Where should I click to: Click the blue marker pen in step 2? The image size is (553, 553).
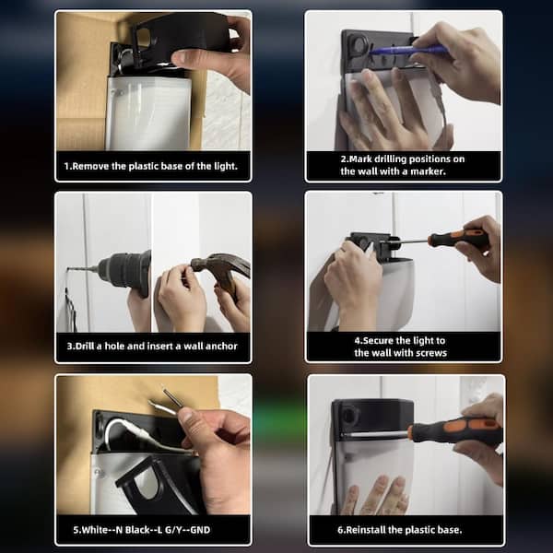(409, 50)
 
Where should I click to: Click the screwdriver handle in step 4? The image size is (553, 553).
(458, 239)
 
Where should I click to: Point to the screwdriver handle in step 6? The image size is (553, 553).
(455, 431)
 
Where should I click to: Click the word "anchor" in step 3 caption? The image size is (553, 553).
(221, 347)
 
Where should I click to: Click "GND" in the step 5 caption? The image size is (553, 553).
(200, 530)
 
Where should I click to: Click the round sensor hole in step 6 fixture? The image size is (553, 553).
(350, 414)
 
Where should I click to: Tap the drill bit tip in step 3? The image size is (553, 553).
(68, 269)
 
